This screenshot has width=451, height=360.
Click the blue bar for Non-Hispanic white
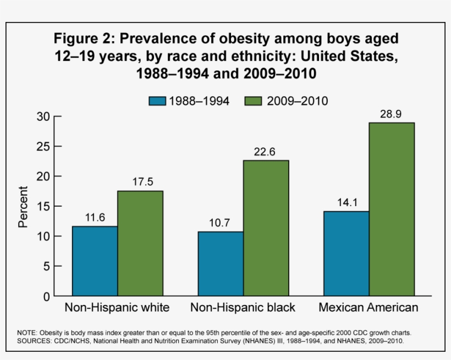click(x=95, y=261)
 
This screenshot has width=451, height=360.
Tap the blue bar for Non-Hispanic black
click(x=220, y=264)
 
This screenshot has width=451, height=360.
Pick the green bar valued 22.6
click(x=266, y=228)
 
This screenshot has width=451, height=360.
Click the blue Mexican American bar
click(x=346, y=253)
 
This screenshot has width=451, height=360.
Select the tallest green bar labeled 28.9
click(x=392, y=209)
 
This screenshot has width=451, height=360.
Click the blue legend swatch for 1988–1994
click(x=157, y=101)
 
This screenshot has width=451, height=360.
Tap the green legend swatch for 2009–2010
click(x=252, y=101)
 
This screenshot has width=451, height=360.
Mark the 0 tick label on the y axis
click(x=47, y=296)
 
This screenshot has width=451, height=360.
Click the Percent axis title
click(x=23, y=207)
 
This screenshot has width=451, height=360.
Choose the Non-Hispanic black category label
click(x=243, y=307)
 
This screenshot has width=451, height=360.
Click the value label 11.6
click(x=95, y=218)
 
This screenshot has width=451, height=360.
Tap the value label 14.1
click(x=346, y=203)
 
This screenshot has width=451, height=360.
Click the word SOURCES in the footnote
click(x=33, y=341)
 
